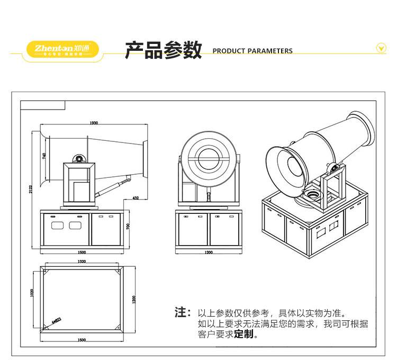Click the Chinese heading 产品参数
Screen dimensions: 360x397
coord(164,50)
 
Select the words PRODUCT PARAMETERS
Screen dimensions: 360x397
coord(252,51)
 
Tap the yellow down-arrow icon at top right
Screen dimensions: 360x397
coord(381,48)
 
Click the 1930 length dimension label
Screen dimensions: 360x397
coord(94,123)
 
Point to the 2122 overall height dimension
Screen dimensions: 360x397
coord(32,189)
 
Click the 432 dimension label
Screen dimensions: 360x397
coord(136,198)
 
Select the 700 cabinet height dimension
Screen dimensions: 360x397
coord(128,226)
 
